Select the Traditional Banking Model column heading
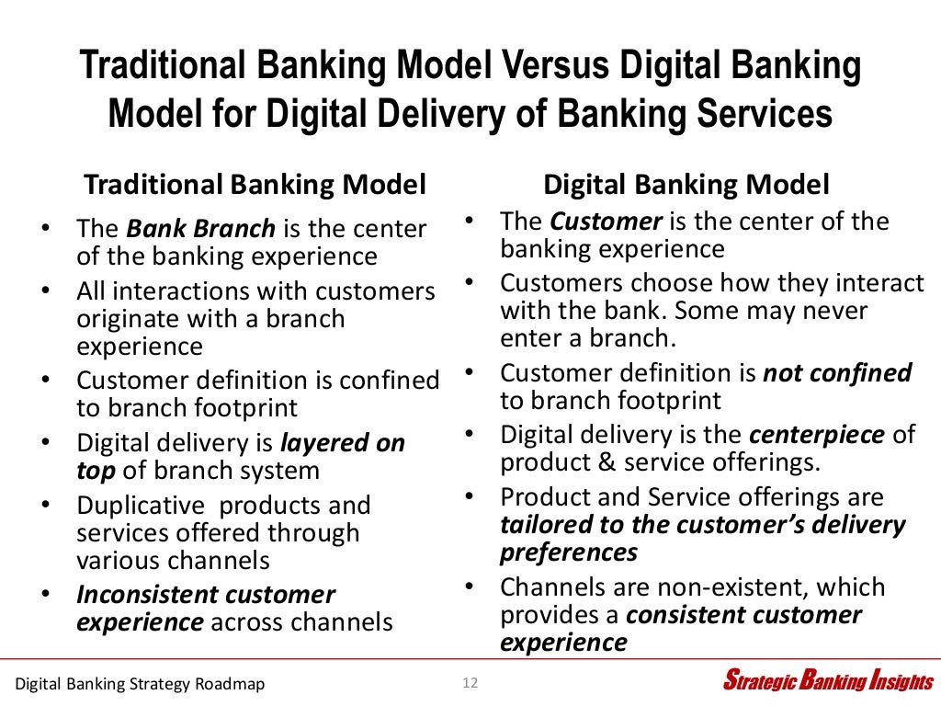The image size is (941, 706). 255,185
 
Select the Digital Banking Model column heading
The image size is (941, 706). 686,185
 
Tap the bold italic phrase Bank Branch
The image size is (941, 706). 200,228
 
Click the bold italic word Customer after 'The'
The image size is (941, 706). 607,222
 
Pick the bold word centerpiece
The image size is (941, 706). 817,434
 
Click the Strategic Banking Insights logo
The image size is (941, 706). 827,681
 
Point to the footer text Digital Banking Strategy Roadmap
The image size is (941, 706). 140,683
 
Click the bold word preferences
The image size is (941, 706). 568,552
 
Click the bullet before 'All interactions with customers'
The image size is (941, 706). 47,291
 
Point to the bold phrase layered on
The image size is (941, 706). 341,443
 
